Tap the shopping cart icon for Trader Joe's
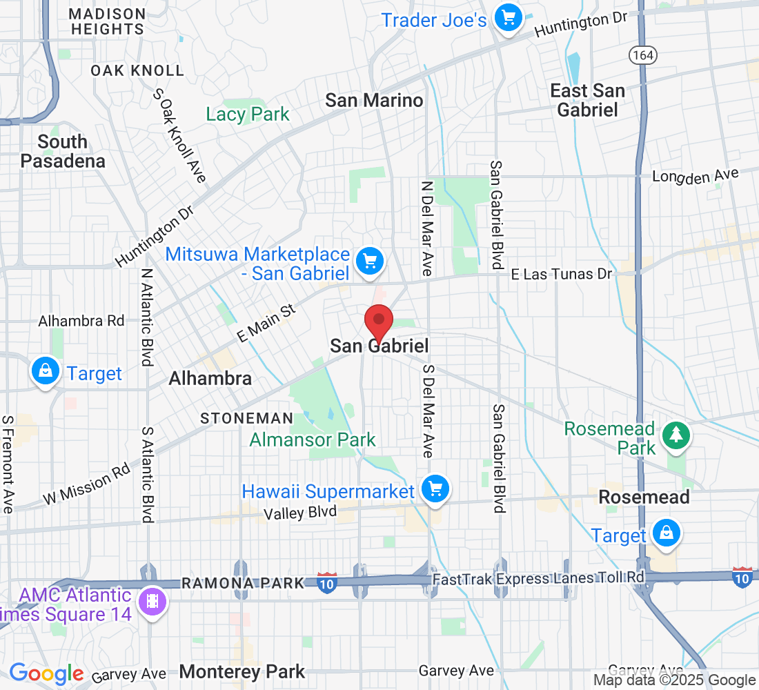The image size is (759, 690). [509, 17]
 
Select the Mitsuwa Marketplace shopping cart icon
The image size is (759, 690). [370, 261]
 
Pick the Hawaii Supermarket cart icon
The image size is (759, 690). [435, 489]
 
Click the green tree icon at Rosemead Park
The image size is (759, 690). [676, 435]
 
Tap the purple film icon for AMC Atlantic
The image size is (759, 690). [151, 601]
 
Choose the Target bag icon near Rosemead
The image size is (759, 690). [667, 533]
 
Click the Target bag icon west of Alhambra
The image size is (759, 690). [45, 372]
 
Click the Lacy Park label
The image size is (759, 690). [248, 114]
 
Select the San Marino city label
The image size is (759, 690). [374, 101]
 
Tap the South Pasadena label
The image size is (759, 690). [63, 152]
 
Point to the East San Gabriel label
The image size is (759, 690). [587, 100]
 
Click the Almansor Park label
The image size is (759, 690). [313, 440]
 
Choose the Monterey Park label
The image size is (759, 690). [241, 672]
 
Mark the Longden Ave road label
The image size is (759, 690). [696, 177]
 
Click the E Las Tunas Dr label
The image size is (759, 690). [561, 275]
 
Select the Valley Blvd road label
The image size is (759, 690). [300, 513]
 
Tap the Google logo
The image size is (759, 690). [46, 673]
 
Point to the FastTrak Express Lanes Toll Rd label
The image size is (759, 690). [538, 578]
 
